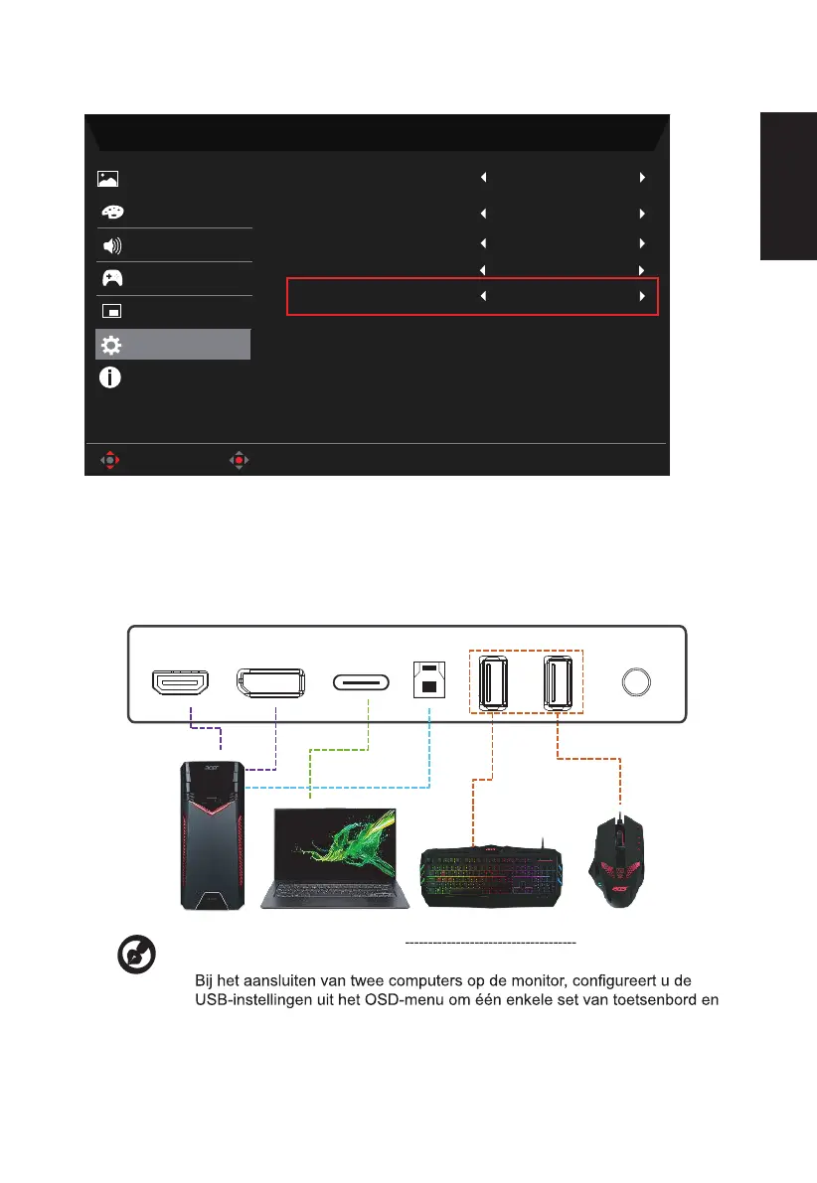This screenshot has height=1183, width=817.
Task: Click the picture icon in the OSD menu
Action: point(108,179)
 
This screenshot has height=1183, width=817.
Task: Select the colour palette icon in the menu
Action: point(108,213)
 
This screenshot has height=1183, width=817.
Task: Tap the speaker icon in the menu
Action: point(108,245)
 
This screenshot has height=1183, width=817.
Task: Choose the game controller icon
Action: point(108,279)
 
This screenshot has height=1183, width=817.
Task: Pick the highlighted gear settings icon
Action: point(109,345)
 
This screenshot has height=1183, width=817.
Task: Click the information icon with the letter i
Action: point(109,378)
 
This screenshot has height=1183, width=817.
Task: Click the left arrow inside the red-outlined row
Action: point(484,296)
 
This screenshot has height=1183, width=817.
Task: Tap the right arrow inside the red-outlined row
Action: point(642,296)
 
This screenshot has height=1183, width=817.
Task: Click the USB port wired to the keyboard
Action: point(492,680)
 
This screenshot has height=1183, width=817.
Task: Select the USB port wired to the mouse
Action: point(557,680)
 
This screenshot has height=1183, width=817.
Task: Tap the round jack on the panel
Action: point(636,681)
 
